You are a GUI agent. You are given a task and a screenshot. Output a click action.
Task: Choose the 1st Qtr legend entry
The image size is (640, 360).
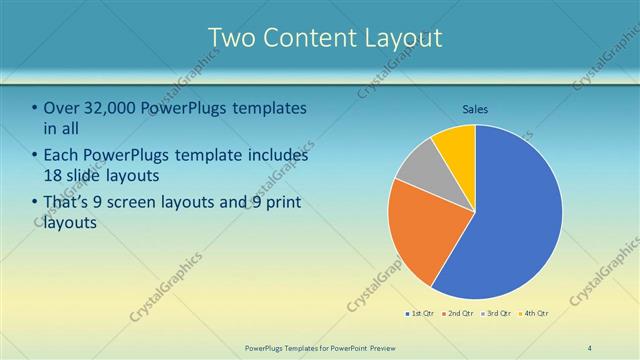(x=419, y=313)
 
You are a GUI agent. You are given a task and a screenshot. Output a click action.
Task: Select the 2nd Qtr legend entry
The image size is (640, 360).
(x=458, y=313)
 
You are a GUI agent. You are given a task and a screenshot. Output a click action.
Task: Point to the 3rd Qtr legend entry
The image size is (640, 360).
(x=496, y=313)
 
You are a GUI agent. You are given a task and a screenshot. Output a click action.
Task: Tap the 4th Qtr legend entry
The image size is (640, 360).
(x=534, y=313)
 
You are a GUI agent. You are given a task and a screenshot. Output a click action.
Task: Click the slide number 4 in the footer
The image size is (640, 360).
(x=590, y=348)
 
